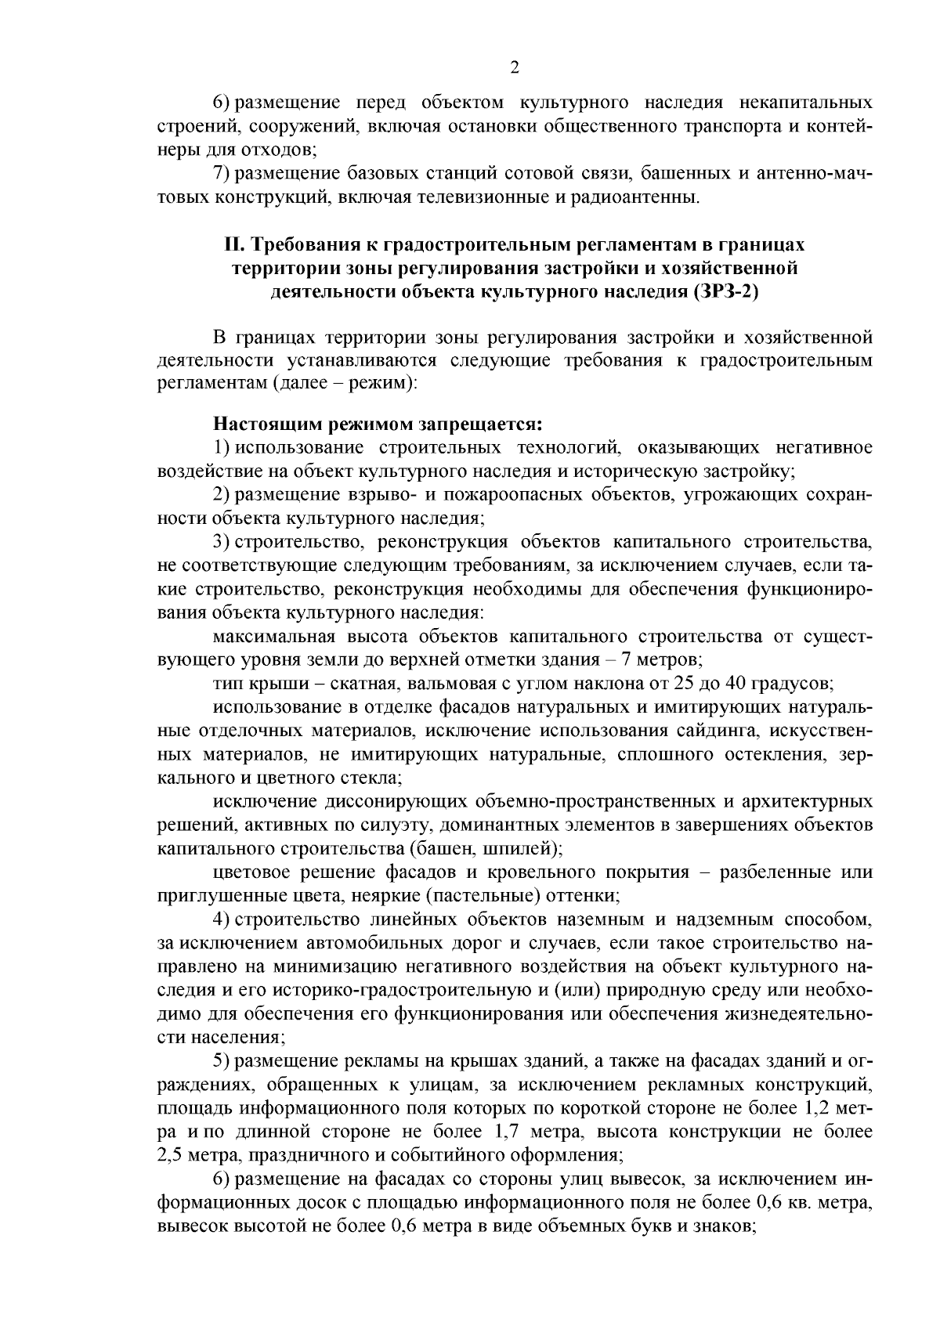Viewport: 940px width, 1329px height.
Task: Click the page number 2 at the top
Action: coord(514,67)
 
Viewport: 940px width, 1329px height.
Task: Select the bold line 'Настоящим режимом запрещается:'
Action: coord(378,424)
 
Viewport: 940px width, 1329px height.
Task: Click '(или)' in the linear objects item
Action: coord(576,990)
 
